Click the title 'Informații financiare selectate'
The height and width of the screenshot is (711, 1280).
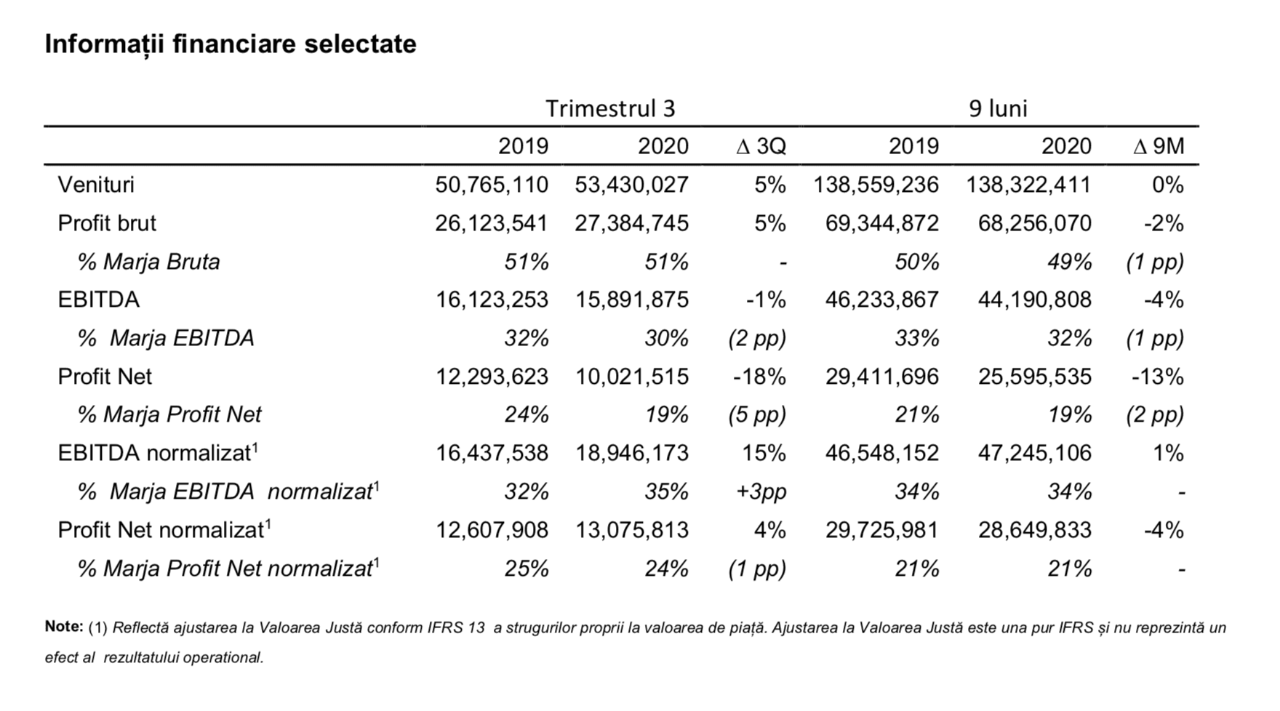pos(231,44)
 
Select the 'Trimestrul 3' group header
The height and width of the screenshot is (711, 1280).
pos(610,108)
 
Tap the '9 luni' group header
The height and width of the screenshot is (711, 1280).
pos(998,108)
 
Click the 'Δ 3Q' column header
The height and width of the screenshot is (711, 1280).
pos(761,147)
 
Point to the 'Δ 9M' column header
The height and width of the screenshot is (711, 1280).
pos(1159,147)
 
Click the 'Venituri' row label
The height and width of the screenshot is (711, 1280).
pos(96,185)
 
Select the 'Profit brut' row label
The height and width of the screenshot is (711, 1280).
pos(107,223)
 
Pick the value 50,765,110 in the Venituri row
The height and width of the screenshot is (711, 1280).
pos(492,185)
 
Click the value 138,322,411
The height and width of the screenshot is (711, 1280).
pos(1028,185)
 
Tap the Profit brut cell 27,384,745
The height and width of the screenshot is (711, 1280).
pos(631,223)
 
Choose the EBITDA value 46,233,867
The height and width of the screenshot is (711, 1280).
pos(882,300)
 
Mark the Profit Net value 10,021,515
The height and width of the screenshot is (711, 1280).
pos(632,377)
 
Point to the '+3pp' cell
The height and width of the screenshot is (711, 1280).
pos(761,492)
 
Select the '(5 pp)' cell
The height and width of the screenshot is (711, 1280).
pos(757,415)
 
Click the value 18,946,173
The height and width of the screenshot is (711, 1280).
pos(632,454)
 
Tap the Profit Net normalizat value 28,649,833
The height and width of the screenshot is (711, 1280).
pos(1035,530)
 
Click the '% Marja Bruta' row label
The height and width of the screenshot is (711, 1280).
pos(148,262)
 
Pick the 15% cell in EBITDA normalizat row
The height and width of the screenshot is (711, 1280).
pos(764,454)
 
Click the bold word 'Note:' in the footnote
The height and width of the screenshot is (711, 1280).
pos(64,627)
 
